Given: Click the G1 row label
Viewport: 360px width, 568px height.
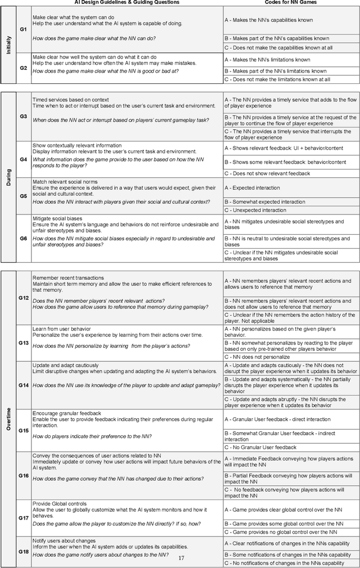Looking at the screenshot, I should (x=23, y=28).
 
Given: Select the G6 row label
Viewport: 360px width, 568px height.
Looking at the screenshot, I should (x=23, y=238).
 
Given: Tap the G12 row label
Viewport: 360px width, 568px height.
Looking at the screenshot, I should (x=23, y=297).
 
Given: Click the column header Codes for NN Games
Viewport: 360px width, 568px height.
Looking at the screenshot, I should (x=291, y=3).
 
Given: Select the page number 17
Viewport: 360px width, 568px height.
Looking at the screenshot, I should (x=181, y=558).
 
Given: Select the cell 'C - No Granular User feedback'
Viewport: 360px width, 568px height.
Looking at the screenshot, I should (x=260, y=447).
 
